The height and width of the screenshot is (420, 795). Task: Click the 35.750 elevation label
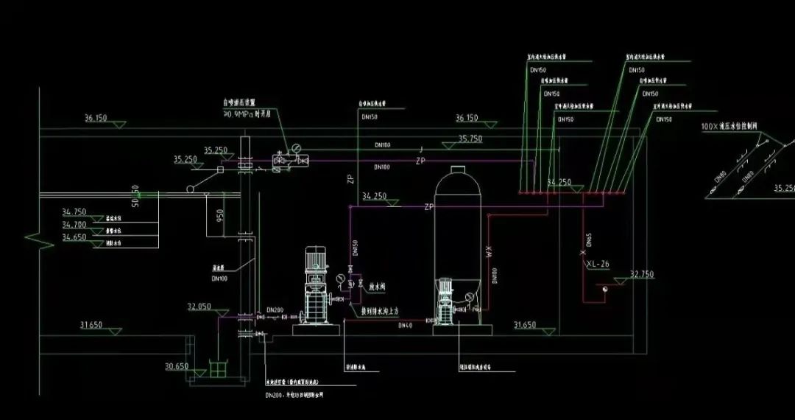[470, 139]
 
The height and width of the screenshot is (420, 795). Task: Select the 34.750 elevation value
[74, 212]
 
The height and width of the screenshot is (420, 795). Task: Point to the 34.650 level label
[74, 237]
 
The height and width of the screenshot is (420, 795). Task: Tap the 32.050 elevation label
[199, 306]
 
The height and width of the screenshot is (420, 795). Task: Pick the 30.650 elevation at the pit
[177, 365]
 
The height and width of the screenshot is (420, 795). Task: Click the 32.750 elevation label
[642, 274]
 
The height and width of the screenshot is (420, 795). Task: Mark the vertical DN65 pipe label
[589, 239]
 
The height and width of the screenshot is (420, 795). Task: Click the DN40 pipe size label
[405, 325]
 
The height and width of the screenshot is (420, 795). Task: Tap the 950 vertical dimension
[219, 215]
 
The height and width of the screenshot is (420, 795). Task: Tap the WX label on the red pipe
[487, 252]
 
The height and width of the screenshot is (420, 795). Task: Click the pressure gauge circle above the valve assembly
[296, 148]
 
